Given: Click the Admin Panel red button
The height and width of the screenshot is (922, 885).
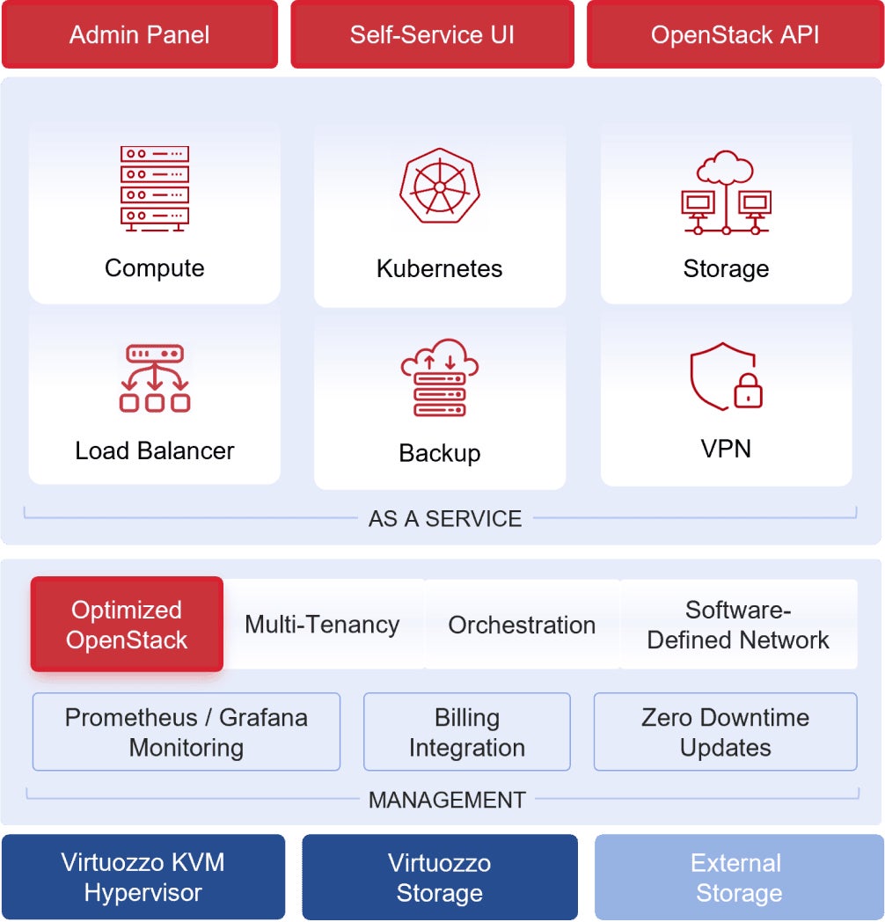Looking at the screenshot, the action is pos(140,35).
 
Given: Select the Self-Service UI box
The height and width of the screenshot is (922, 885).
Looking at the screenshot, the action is pos(432,35).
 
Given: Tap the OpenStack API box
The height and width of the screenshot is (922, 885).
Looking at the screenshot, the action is pos(735,35).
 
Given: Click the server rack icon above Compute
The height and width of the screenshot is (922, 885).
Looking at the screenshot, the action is pos(155,189).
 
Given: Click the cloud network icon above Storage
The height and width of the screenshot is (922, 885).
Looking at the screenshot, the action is pos(726,192).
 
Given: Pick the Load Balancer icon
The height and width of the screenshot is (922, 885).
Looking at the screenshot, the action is pos(155,378).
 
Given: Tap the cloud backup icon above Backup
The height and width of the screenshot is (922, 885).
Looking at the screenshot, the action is pos(439,377).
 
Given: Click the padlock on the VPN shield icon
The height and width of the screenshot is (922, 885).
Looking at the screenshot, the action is pos(748,391).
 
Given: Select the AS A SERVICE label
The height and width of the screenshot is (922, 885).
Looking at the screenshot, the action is pos(445,519).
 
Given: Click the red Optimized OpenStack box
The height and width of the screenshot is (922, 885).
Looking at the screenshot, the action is pos(127,625).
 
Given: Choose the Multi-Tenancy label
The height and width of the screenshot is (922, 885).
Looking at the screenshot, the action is pos(322,625).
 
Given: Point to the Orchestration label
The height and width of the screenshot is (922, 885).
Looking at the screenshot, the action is pos(522,626).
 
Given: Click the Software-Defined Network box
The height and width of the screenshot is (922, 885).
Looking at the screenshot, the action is pos(738,625).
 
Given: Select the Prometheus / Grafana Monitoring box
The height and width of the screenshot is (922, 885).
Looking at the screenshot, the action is pos(187,732).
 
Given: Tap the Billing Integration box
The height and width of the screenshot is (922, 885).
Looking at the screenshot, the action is pos(467,732).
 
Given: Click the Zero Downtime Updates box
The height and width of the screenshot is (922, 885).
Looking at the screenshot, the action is pos(725,732).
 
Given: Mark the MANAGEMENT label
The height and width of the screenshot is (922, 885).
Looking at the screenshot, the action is pos(447,800).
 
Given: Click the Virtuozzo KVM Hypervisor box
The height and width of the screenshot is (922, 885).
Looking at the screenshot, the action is pos(143,877).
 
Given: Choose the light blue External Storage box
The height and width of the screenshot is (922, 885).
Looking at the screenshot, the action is pos(739,877).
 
